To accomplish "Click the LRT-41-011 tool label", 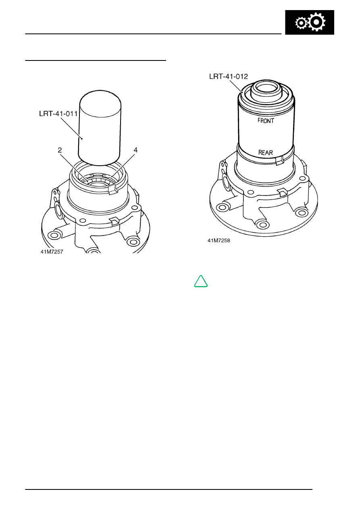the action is click(58, 114).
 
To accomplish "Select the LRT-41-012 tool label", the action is click(229, 77).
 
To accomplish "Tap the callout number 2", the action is click(60, 150).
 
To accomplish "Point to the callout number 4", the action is click(135, 150).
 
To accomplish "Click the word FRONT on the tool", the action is click(266, 121).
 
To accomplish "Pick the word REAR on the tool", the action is click(266, 152).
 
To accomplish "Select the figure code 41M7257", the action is click(52, 252).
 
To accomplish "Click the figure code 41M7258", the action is click(219, 241).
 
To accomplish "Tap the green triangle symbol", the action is click(201, 281).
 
